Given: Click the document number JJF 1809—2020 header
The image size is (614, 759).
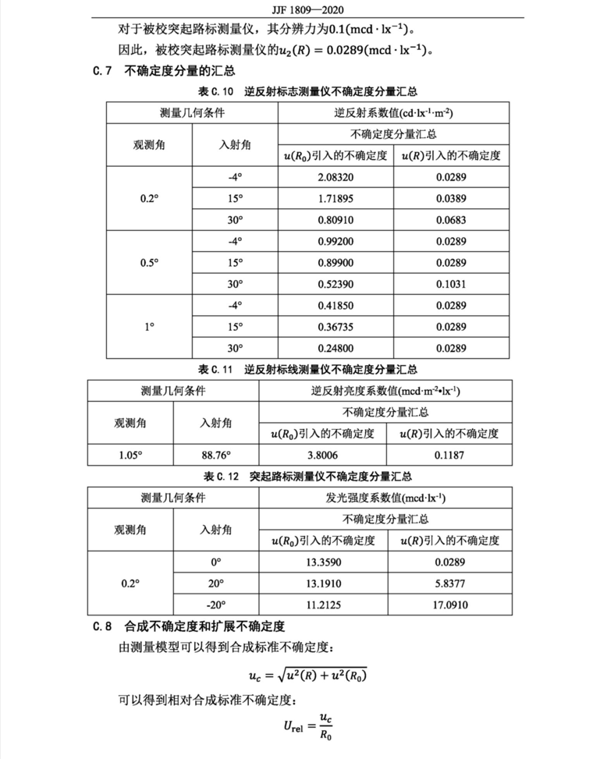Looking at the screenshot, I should coord(306,10).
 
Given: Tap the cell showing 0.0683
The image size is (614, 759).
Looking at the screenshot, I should coord(450,220).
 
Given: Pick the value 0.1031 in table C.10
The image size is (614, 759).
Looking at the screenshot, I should coord(450,283).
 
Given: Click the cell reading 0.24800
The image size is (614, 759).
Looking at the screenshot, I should coord(335,347).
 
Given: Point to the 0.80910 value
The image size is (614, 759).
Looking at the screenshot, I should coord(335,220).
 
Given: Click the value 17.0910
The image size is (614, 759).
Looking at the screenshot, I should coord(449,605).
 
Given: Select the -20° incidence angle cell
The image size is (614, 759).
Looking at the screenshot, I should coord(216,605).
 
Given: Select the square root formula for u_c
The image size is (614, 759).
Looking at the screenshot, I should coord(307,674).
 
